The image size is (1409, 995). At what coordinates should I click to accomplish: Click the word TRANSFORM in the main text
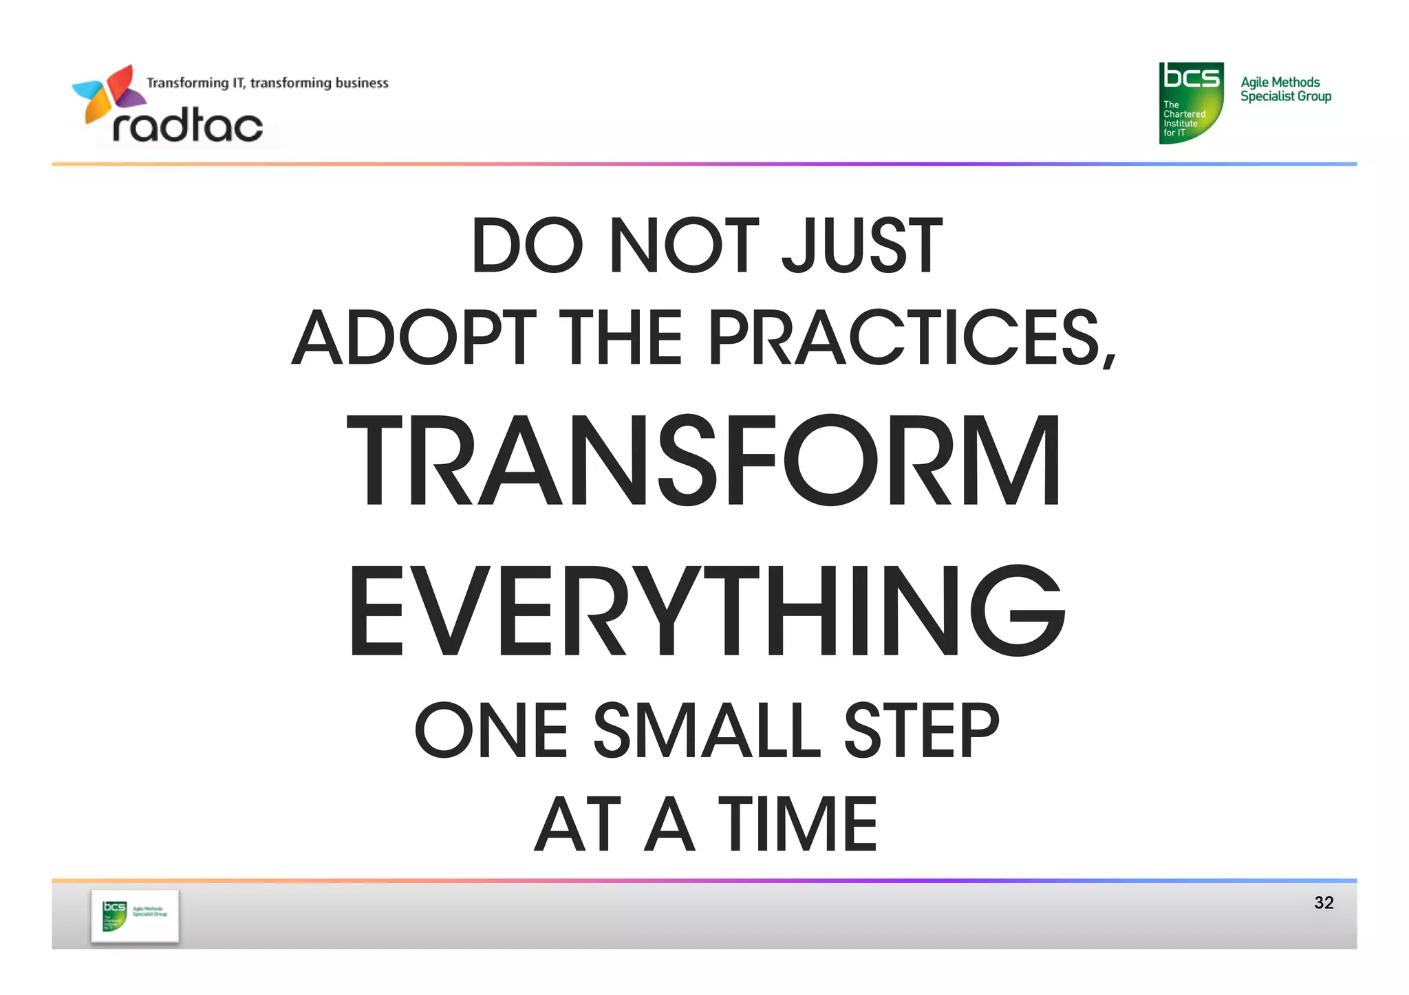click(x=704, y=461)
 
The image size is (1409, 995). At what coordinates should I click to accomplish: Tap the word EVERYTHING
click(x=707, y=611)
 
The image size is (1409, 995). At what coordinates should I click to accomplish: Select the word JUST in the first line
click(x=862, y=245)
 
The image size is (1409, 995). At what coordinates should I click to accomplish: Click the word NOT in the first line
click(x=684, y=245)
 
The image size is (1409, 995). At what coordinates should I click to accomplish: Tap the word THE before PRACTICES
click(x=621, y=338)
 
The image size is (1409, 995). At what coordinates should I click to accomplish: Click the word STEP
click(x=921, y=730)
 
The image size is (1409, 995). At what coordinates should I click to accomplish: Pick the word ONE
click(x=491, y=730)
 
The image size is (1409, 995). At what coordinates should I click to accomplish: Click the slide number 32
click(x=1324, y=902)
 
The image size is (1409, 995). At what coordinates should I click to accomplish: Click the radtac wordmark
click(x=188, y=126)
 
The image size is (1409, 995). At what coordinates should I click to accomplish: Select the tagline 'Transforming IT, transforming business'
click(x=268, y=83)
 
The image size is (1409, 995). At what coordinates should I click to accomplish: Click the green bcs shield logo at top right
click(x=1191, y=102)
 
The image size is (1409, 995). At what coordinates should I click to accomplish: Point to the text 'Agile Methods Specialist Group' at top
click(x=1285, y=89)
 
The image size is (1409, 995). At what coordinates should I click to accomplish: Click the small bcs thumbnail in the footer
click(x=135, y=916)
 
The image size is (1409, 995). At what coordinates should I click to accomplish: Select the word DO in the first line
click(x=527, y=245)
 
